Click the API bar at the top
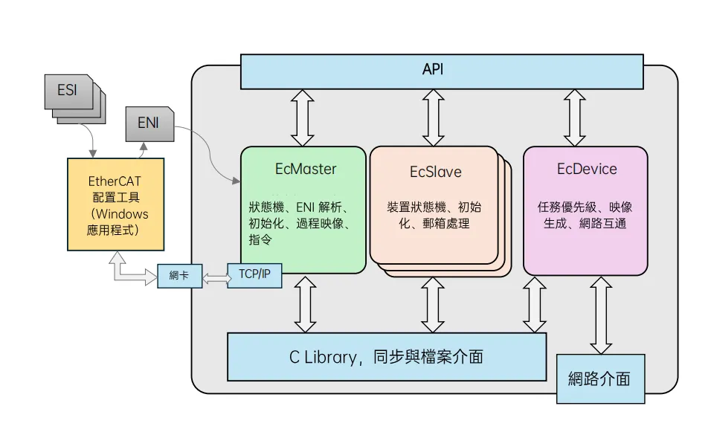441,71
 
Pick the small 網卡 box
178,276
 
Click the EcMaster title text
305,169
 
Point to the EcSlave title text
435,172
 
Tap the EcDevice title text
586,169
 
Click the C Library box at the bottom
386,356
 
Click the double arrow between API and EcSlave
434,117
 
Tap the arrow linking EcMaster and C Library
305,303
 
